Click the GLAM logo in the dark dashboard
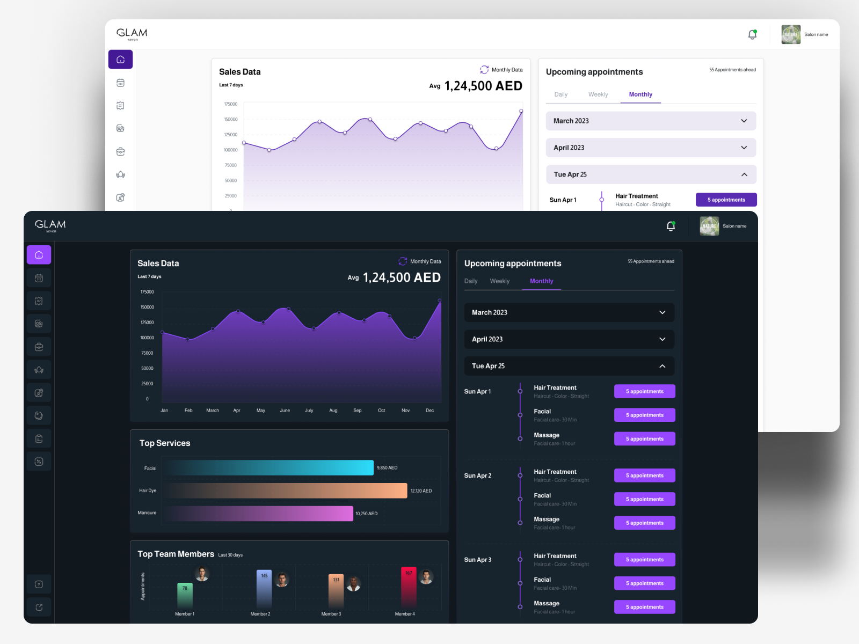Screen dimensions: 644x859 (50, 225)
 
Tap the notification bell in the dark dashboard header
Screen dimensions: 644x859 (671, 226)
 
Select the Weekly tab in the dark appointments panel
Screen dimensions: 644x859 (499, 281)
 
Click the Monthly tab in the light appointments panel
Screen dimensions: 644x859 (640, 94)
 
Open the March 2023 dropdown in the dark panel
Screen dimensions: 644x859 (569, 312)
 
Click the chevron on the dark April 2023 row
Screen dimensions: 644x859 (663, 339)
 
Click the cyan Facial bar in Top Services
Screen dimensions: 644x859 (269, 468)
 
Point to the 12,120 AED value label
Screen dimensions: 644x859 (421, 491)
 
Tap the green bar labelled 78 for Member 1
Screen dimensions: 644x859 (185, 596)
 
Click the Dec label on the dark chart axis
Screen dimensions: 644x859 (429, 411)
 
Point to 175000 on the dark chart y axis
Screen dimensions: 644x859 (147, 292)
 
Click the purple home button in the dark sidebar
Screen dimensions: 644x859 (39, 255)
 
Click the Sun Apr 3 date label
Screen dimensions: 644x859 (477, 560)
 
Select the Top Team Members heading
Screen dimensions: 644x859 (176, 554)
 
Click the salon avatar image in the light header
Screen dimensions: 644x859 (791, 34)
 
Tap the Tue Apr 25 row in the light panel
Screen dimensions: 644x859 (651, 174)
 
